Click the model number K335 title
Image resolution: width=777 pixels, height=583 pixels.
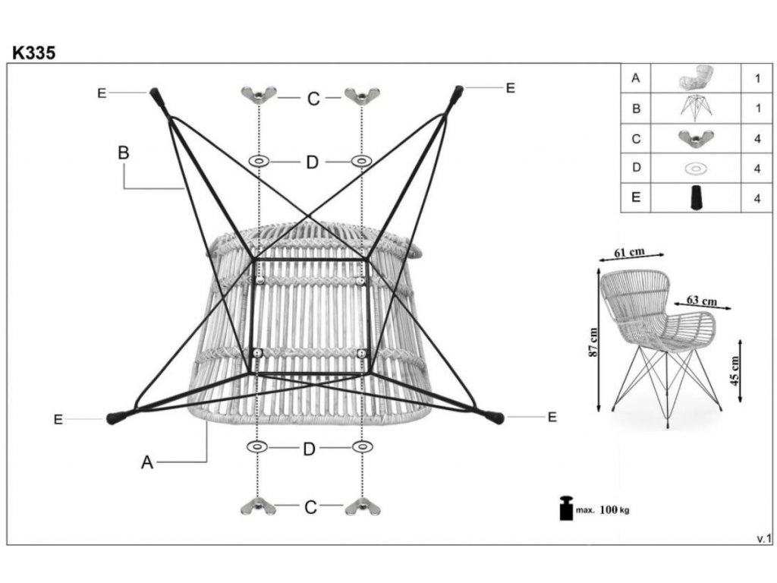(33, 52)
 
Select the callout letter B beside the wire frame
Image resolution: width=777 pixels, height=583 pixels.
(123, 153)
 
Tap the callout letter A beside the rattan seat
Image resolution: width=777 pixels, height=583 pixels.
(147, 462)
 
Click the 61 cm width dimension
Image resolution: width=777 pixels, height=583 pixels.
(630, 251)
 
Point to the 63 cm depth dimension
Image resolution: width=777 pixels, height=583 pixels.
(701, 301)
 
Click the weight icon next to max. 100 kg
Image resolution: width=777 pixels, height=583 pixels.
(566, 509)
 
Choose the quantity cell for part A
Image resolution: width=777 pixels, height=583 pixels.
(757, 77)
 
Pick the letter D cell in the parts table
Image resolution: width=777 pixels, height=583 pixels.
(636, 169)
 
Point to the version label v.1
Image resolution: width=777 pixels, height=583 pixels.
(763, 538)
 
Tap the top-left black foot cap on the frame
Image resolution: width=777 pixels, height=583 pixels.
(158, 96)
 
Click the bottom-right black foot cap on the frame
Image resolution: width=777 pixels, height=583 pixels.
(495, 416)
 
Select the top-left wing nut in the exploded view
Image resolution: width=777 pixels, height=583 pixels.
(259, 95)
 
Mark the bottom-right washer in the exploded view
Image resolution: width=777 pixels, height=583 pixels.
(362, 446)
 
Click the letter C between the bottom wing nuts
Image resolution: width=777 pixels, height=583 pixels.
(310, 508)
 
